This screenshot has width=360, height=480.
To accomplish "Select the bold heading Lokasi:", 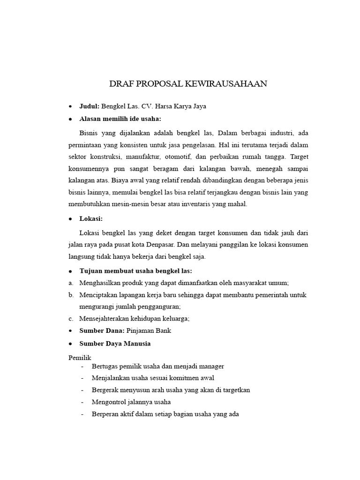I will click(x=91, y=219).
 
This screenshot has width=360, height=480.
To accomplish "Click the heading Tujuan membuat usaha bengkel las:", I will click(x=136, y=271).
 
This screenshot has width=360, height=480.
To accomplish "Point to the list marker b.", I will click(x=71, y=295).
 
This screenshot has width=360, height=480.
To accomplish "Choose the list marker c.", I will click(x=71, y=319).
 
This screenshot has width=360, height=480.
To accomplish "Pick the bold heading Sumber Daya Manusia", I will click(x=115, y=344).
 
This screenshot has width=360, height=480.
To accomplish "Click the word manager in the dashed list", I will click(x=210, y=366).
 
